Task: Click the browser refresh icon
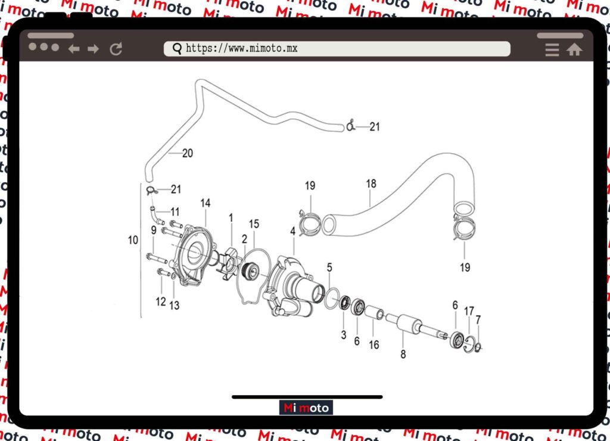point(116,49)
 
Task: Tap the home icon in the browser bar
point(574,50)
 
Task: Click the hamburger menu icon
point(552,50)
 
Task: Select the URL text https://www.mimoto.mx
point(241,48)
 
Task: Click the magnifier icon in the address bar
point(177,48)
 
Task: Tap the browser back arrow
point(74,49)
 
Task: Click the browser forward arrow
point(93,49)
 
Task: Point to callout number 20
point(187,153)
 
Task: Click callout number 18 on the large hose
point(371,184)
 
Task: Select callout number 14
point(205,203)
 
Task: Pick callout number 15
point(254,223)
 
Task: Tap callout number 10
point(133,240)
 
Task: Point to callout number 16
point(374,344)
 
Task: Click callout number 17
point(469,310)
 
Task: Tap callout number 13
point(174,306)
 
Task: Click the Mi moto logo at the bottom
point(306,408)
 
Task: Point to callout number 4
point(292,231)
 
